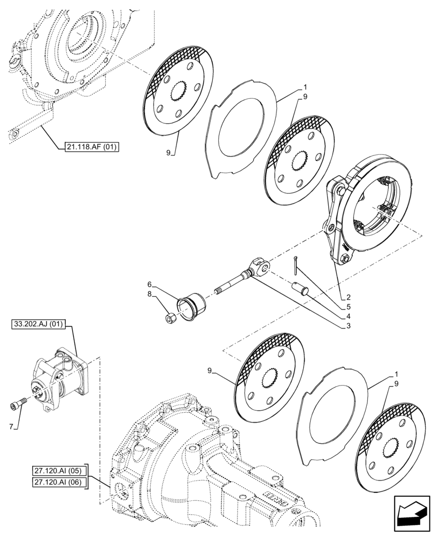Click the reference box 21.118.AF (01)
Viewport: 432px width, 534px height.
tap(89, 147)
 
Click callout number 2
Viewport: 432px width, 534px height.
tap(348, 297)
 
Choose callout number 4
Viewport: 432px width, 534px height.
tap(348, 316)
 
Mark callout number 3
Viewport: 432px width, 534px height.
tap(348, 325)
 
